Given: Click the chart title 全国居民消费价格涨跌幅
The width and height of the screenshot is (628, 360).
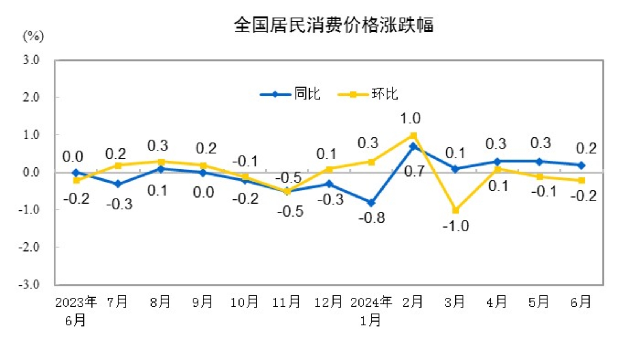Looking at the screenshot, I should (x=334, y=25).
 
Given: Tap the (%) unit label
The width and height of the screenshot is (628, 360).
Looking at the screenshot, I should (x=34, y=36).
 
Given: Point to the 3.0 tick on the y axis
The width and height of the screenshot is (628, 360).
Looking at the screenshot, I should (x=31, y=60).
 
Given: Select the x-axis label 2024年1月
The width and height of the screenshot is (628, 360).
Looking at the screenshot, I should (x=371, y=311).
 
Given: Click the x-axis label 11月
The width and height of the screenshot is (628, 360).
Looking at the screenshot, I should (x=286, y=302).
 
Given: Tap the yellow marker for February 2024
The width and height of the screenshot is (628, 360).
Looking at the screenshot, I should (x=413, y=135).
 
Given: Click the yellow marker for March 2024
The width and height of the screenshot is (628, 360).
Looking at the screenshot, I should (x=455, y=210).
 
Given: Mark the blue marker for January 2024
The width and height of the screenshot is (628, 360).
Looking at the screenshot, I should (x=371, y=203).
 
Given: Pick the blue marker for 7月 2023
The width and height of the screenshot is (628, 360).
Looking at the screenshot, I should (x=118, y=184).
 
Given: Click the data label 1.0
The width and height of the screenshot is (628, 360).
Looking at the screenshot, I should (x=410, y=118).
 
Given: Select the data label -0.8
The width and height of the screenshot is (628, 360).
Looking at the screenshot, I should (x=372, y=218).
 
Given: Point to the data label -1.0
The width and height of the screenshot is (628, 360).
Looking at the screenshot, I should (x=455, y=226).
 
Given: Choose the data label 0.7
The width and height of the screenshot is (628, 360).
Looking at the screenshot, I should (x=414, y=172).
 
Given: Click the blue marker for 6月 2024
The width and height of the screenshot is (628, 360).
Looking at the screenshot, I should (x=582, y=165).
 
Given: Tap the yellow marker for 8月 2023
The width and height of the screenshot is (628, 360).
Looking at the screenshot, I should (x=161, y=162).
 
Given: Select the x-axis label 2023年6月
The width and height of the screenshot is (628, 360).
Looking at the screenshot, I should (x=75, y=311).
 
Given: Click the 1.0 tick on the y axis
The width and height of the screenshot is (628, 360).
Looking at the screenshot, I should (x=31, y=135).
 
